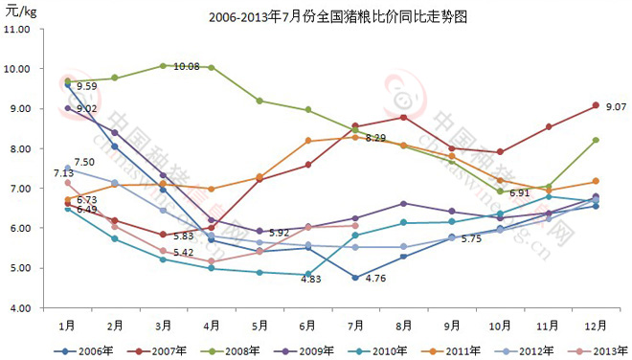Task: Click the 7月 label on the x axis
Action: [x=355, y=324]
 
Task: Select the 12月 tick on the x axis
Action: [x=596, y=324]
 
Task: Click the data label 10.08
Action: [x=187, y=67]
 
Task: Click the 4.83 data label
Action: [x=312, y=280]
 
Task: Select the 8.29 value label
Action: [x=374, y=139]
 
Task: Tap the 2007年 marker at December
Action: [x=596, y=105]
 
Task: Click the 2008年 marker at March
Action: [x=163, y=65]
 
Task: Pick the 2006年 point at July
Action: [x=355, y=278]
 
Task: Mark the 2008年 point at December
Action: [x=596, y=140]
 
